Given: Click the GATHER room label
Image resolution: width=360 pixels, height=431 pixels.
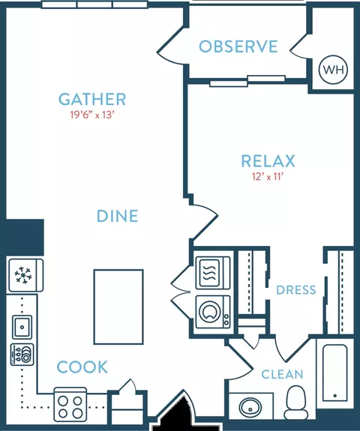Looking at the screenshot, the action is click(x=92, y=99).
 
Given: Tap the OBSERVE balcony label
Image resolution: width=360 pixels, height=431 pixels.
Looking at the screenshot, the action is click(x=238, y=46).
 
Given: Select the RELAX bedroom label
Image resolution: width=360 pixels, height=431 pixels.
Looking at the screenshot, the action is click(x=268, y=161).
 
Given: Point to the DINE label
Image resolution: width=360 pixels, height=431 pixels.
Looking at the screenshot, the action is click(x=118, y=216).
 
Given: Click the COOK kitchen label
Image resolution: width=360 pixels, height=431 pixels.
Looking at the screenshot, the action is click(x=82, y=367).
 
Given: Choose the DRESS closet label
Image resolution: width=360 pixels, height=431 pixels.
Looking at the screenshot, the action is click(x=296, y=290).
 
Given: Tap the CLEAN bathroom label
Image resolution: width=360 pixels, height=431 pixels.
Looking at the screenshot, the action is click(x=282, y=374).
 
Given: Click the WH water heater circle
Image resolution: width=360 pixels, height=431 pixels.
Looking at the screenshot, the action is click(x=333, y=70).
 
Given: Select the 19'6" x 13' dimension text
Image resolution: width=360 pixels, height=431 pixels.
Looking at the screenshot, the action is click(x=92, y=115).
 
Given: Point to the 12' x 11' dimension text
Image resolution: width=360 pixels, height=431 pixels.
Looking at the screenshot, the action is click(x=268, y=176).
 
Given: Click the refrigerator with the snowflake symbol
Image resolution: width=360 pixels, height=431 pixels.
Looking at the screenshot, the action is click(x=25, y=275).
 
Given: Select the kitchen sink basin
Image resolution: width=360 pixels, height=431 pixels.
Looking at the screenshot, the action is click(x=22, y=327).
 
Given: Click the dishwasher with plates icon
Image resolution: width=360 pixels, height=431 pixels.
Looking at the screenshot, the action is click(x=22, y=355).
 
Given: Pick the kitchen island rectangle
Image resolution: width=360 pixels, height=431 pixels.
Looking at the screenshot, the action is click(x=118, y=307).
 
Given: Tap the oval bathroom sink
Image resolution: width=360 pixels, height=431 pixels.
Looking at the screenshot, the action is click(x=250, y=409).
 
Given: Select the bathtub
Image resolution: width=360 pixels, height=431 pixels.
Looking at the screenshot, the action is click(x=334, y=373).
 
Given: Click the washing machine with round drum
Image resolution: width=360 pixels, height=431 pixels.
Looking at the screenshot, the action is click(x=213, y=312).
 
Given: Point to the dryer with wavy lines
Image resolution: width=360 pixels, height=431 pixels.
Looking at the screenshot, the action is click(x=213, y=273).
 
